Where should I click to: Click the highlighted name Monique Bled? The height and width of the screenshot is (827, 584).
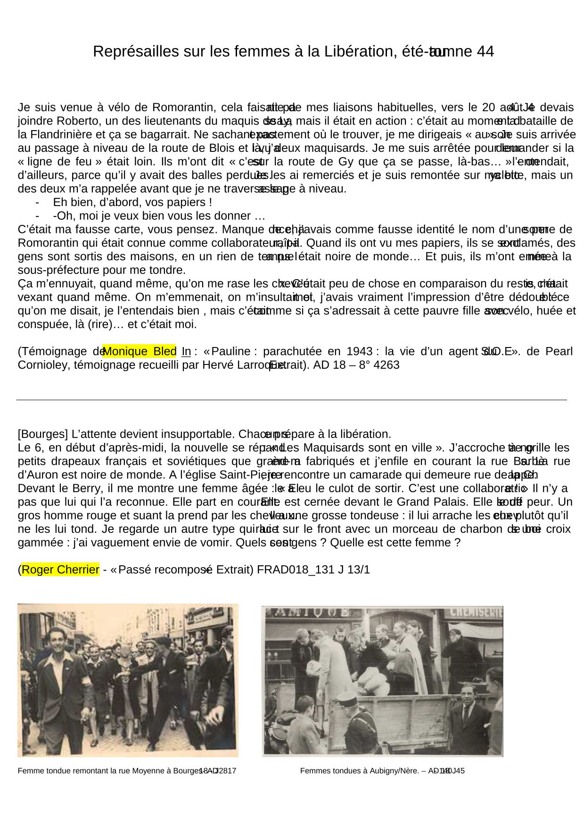coord(139,351)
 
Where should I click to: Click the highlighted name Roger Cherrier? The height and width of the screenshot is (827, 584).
coord(60,570)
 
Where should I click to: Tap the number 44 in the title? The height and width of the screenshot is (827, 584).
coord(485,51)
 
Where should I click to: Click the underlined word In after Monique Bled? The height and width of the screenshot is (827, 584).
coord(186,351)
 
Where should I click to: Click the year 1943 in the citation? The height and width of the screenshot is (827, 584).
coord(359,351)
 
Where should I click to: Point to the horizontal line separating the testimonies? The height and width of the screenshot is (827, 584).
coord(291,400)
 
